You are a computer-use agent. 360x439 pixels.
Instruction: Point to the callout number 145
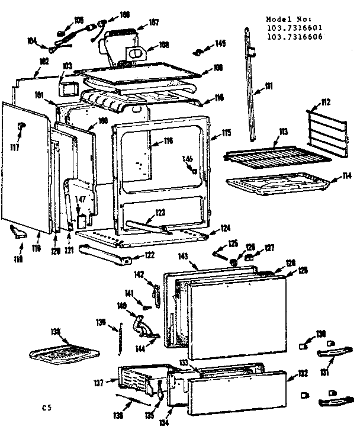click(x=221, y=43)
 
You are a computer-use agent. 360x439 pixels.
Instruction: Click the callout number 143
click(x=183, y=256)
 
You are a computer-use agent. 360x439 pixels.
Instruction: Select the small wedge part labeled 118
click(x=19, y=233)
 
